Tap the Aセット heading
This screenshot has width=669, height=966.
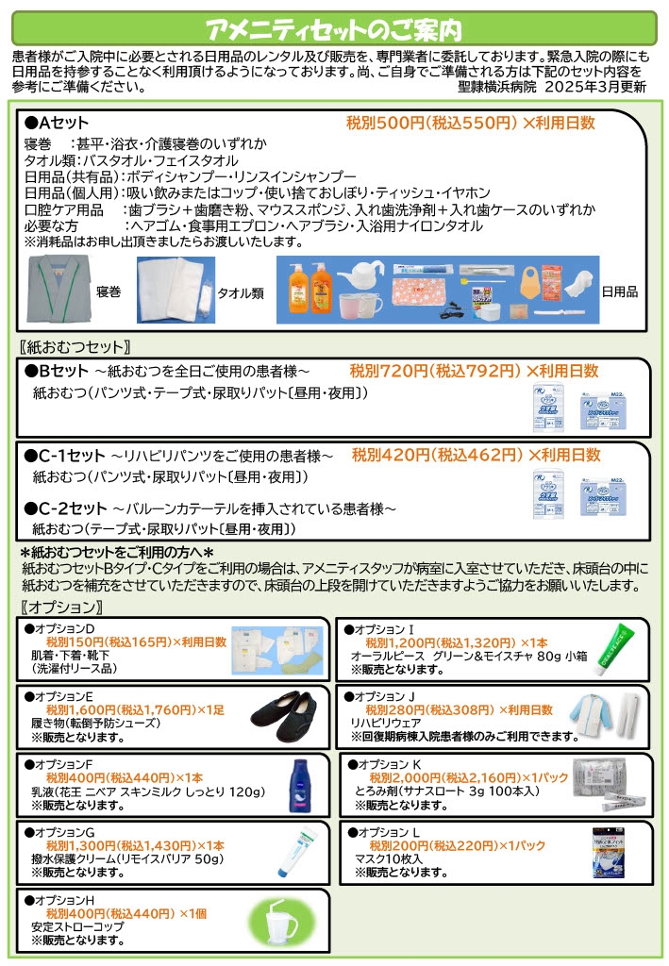click(57, 125)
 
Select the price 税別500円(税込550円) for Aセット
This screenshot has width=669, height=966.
click(431, 124)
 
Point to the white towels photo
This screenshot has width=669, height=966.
click(176, 291)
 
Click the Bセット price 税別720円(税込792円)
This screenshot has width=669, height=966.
click(435, 372)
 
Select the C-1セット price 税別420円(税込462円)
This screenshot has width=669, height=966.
click(437, 455)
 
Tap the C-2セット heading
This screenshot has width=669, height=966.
click(66, 508)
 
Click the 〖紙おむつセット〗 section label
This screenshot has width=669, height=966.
click(75, 345)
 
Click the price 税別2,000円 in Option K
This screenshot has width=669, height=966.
click(407, 776)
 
